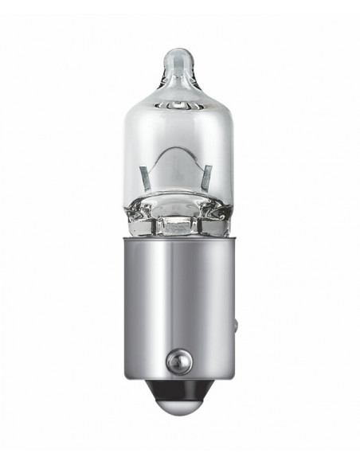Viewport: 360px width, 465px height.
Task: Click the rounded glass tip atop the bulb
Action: (180, 61)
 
